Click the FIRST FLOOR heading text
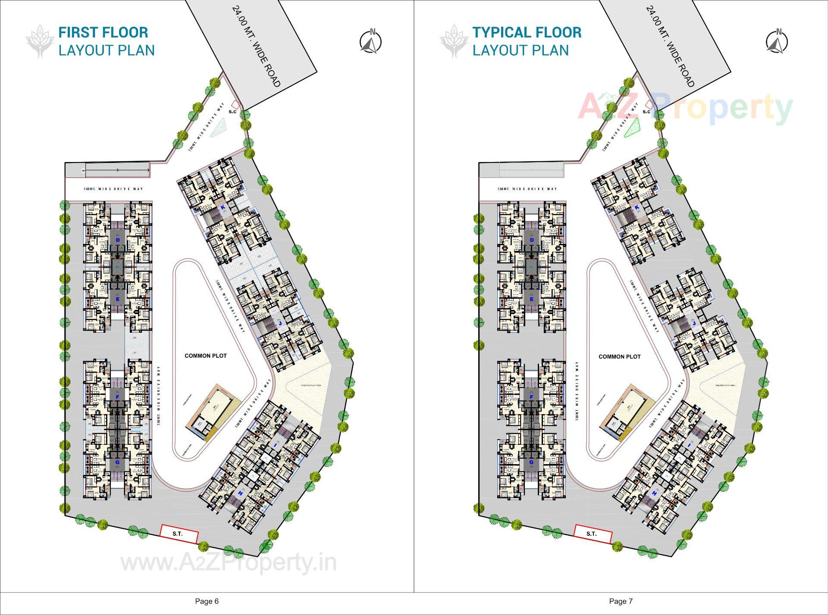103,32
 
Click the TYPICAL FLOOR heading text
527,32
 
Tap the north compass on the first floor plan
371,42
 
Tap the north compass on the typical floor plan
777,42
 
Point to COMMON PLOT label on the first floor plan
205,356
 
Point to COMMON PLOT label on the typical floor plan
619,356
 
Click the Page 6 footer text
207,601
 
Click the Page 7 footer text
621,601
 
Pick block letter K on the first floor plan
223,207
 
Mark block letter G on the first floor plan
117,462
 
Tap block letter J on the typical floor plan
694,323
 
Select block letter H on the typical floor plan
654,493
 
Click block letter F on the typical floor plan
531,397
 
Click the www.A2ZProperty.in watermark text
229,562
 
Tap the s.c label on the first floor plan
232,112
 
